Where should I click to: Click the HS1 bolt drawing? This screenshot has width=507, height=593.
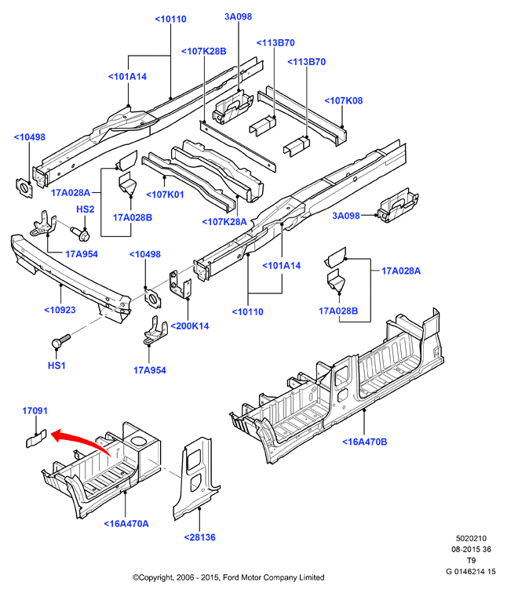coord(60,340)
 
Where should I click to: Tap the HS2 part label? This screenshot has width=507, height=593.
coord(85,209)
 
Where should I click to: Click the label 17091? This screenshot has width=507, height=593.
coord(35,411)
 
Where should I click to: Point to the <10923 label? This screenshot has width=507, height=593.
coord(60,310)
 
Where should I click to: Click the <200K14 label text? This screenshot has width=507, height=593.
coord(190,326)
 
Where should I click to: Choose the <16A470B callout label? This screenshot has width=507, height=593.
coord(365,442)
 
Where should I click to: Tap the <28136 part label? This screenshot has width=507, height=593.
coord(200,537)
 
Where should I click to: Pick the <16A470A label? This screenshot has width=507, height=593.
coord(126,524)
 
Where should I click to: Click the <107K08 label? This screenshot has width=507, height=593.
coord(344,100)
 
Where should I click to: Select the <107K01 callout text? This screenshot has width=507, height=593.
coord(165,195)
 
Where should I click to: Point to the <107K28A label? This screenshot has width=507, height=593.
coord(224,222)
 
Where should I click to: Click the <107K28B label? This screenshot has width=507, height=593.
coord(204,52)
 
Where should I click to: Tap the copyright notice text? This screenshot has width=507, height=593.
coord(228,577)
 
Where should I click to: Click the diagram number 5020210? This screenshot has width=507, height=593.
coord(471,539)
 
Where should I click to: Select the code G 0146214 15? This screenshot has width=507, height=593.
coord(471,572)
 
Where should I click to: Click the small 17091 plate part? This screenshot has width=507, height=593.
coord(36,438)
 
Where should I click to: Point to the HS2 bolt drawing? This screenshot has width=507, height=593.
coord(80,233)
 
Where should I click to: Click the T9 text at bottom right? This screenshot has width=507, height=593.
coord(471,561)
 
